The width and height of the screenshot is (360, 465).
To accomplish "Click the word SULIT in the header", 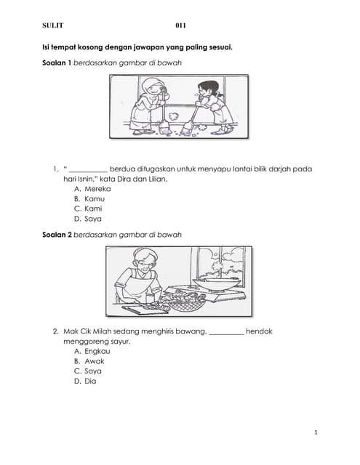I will point(53,25).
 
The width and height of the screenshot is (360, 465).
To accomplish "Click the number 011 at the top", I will point(181,25).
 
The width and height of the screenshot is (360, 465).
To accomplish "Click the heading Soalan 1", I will point(58,63).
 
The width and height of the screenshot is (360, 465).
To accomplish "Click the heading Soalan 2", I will point(58,235).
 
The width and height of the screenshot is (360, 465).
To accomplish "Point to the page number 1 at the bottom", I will point(316,433).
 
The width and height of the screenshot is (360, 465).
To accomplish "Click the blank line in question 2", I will point(226,333).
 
